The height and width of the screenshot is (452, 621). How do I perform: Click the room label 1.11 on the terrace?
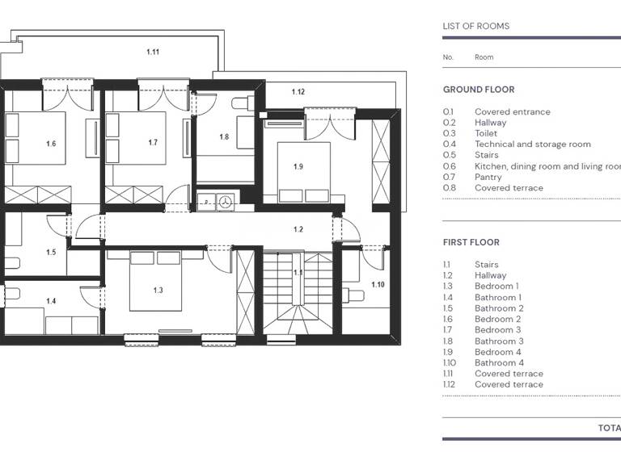pyautogui.click(x=153, y=52)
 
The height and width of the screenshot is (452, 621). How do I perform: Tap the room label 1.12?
pyautogui.click(x=298, y=92)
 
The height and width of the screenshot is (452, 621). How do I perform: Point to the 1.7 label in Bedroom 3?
pyautogui.click(x=153, y=143)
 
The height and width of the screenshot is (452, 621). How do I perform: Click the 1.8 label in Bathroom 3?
pyautogui.click(x=224, y=137)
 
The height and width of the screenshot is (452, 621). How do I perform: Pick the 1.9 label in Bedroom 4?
pyautogui.click(x=298, y=167)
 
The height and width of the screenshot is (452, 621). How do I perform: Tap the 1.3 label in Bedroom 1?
pyautogui.click(x=158, y=290)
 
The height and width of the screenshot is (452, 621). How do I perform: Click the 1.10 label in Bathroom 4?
pyautogui.click(x=378, y=284)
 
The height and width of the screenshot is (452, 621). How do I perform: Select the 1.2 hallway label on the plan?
pyautogui.click(x=298, y=230)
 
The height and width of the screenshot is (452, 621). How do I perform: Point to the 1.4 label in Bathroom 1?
pyautogui.click(x=51, y=301)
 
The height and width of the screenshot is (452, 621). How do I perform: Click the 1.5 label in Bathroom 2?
pyautogui.click(x=51, y=253)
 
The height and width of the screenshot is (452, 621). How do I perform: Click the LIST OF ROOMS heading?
pyautogui.click(x=476, y=26)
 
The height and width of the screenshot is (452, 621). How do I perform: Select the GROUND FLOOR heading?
pyautogui.click(x=479, y=90)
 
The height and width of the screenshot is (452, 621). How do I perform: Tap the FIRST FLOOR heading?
pyautogui.click(x=471, y=242)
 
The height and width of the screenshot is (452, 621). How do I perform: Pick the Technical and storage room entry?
pyautogui.click(x=533, y=144)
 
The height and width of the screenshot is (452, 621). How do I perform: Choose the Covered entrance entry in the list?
pyautogui.click(x=513, y=112)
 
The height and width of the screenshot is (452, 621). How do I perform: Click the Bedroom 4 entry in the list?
pyautogui.click(x=498, y=352)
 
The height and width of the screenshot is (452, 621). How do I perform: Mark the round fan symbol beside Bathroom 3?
pyautogui.click(x=226, y=201)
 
